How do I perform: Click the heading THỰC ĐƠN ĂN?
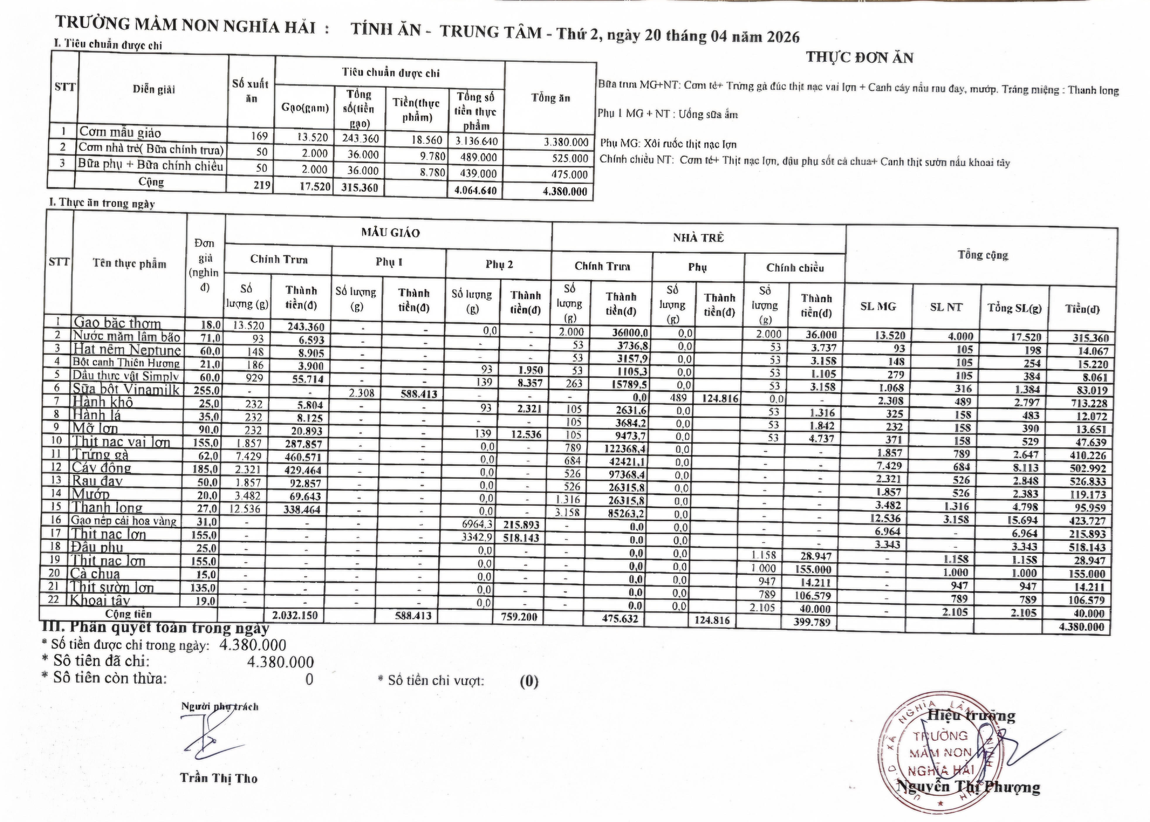point(860,58)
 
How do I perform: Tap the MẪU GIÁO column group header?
point(390,233)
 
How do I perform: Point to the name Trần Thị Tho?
point(219,778)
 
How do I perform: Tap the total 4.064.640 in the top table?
point(475,191)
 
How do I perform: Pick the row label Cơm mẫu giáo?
point(120,133)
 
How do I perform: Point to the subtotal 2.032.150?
point(295,616)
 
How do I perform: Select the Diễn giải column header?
point(154,90)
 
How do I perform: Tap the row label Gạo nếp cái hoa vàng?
point(124,521)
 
